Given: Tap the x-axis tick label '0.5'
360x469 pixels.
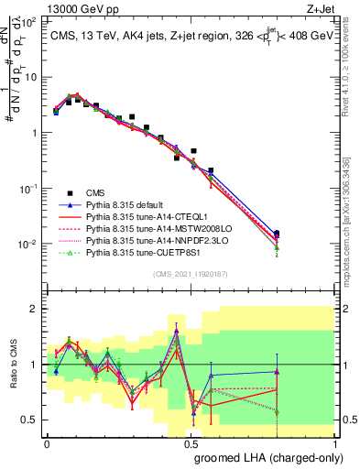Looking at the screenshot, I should click(x=191, y=442).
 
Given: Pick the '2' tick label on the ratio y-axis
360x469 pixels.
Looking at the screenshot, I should click(x=35, y=309).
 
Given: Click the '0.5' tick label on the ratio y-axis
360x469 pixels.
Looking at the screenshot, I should click(x=30, y=420).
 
